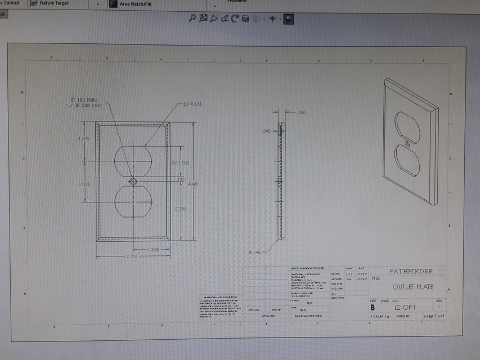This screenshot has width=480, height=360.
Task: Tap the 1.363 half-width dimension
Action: (152, 249)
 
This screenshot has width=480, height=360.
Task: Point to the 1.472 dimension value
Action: (85, 138)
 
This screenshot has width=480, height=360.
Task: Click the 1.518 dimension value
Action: (85, 183)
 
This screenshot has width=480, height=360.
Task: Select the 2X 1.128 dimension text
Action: (180, 163)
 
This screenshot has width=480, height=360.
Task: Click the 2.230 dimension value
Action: (180, 209)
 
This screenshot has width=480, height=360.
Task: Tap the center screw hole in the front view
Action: (133, 182)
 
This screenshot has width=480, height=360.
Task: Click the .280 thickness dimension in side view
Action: (302, 112)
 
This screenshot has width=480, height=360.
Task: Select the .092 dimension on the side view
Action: (267, 131)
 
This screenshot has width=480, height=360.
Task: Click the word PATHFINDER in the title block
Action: (412, 271)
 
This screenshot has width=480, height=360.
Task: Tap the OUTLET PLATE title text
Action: (413, 287)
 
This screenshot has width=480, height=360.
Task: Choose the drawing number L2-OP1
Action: (405, 308)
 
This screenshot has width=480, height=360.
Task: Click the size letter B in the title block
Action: (372, 308)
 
